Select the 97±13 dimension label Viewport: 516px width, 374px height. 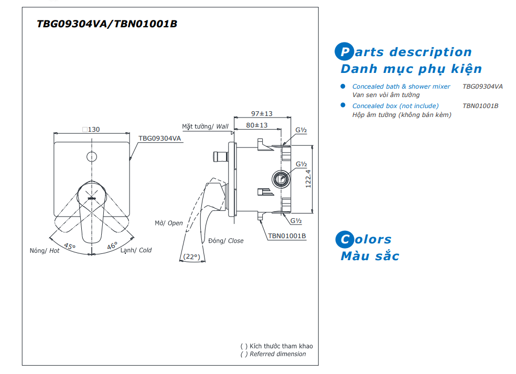pos(262,114)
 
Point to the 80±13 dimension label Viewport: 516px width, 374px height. pos(257,125)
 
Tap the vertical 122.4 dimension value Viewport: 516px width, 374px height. pos(308,179)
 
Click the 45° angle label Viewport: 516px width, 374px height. pos(70,246)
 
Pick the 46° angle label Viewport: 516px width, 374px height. pos(112,245)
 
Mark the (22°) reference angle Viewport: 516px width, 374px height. pos(192,257)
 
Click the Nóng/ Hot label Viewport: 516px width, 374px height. pos(45,251)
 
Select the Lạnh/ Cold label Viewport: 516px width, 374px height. pos(136,250)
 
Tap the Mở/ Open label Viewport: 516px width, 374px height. pos(169,223)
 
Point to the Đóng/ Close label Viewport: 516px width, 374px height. pos(225,241)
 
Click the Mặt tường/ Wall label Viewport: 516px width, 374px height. pos(206,126)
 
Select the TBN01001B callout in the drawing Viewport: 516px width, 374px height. pos(287,236)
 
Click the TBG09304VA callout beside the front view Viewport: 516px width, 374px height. pos(159,138)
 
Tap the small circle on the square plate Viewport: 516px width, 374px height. pos(92,157)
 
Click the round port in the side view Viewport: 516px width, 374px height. pos(281,179)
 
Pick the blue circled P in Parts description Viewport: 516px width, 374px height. pos(344,52)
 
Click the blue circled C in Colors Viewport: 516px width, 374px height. pos(345,239)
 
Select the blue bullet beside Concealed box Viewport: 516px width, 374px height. pos(343,105)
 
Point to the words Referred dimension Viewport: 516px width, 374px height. pos(278,354)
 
